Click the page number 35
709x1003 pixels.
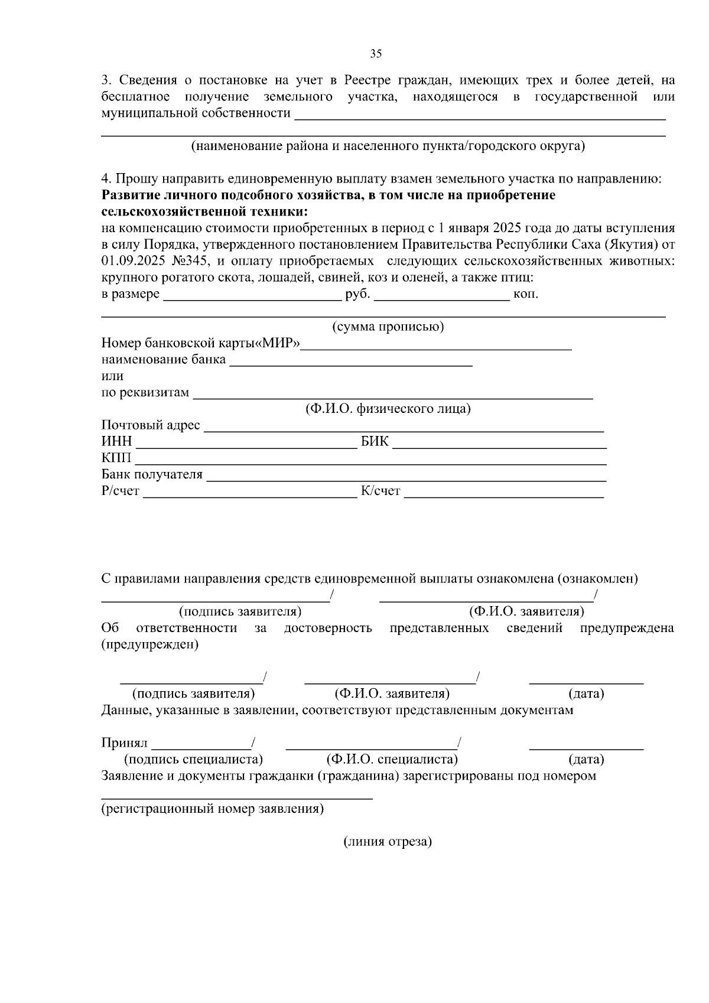pyautogui.click(x=376, y=54)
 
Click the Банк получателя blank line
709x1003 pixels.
pyautogui.click(x=406, y=480)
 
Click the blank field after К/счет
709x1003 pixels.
pyautogui.click(x=504, y=497)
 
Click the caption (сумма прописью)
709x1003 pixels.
pyautogui.click(x=388, y=327)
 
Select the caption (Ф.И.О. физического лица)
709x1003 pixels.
pyautogui.click(x=388, y=409)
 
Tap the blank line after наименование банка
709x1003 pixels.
pyautogui.click(x=351, y=365)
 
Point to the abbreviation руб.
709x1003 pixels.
pyautogui.click(x=357, y=294)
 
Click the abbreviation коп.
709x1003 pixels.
pyautogui.click(x=526, y=294)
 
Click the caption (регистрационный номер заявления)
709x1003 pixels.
pyautogui.click(x=213, y=809)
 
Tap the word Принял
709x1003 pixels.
pyautogui.click(x=124, y=743)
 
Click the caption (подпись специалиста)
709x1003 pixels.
pyautogui.click(x=193, y=759)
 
